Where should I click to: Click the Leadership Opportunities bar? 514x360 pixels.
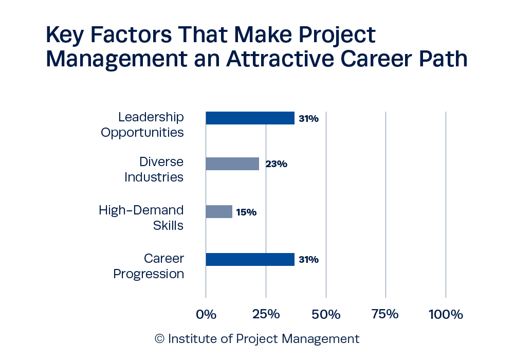pyautogui.click(x=250, y=118)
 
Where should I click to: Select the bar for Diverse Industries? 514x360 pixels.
pyautogui.click(x=232, y=164)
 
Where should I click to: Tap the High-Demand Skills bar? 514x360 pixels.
pyautogui.click(x=219, y=211)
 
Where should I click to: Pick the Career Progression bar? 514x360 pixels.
pyautogui.click(x=250, y=259)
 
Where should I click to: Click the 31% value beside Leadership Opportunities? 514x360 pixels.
pyautogui.click(x=308, y=119)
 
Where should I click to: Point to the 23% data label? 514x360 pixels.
pyautogui.click(x=276, y=165)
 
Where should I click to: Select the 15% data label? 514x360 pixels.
pyautogui.click(x=246, y=212)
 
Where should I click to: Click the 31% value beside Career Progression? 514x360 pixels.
pyautogui.click(x=308, y=260)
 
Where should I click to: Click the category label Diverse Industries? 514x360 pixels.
pyautogui.click(x=154, y=170)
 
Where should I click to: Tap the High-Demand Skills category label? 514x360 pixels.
pyautogui.click(x=141, y=218)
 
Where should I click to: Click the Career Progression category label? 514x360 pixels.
pyautogui.click(x=149, y=266)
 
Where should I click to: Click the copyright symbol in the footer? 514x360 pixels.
pyautogui.click(x=159, y=339)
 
